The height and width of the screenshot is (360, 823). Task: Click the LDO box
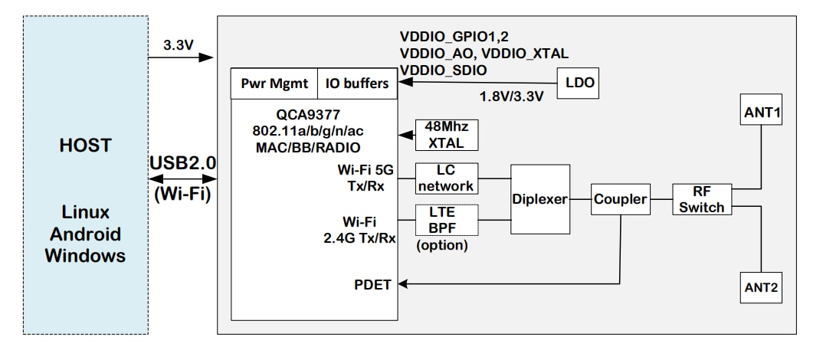point(579,82)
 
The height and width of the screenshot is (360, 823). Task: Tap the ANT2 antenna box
point(762,288)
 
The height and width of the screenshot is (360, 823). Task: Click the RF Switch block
point(698,199)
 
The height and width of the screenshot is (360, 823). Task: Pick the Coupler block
point(619,201)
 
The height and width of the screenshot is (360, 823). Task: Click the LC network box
point(445,178)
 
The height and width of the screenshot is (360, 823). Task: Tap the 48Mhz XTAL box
point(445,136)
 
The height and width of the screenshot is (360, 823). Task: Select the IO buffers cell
point(357,83)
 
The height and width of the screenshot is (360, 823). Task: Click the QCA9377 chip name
point(314,114)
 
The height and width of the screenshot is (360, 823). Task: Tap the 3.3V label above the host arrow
point(179,45)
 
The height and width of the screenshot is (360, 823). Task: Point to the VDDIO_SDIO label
point(443,70)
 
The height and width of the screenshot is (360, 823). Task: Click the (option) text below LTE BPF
point(442,247)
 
